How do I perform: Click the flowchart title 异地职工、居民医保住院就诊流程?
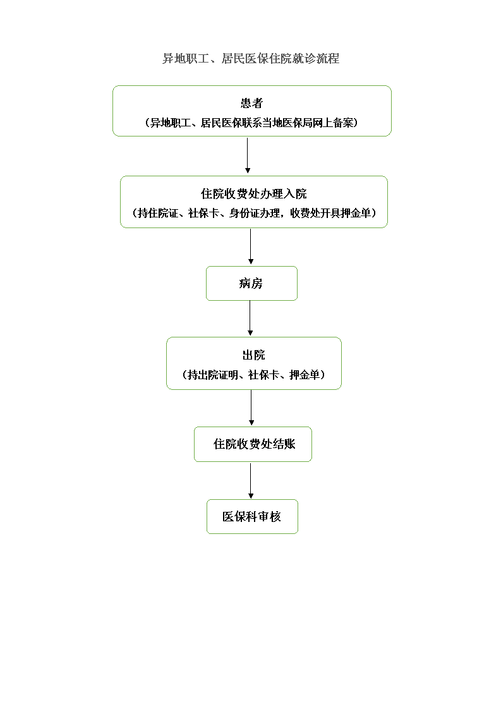point(251,59)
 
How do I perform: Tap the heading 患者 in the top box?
point(251,104)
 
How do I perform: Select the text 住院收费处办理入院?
point(254,194)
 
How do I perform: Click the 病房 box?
point(251,284)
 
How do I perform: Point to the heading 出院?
point(254,355)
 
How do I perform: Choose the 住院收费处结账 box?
point(253,444)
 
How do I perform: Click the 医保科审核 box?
point(252,517)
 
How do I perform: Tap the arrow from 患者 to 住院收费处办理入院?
point(247,155)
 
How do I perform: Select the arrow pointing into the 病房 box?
point(250,246)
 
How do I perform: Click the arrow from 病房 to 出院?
point(250,318)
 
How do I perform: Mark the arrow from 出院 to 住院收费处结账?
point(251,408)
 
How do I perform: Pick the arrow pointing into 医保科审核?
point(250,481)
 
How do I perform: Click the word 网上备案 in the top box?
point(333,123)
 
